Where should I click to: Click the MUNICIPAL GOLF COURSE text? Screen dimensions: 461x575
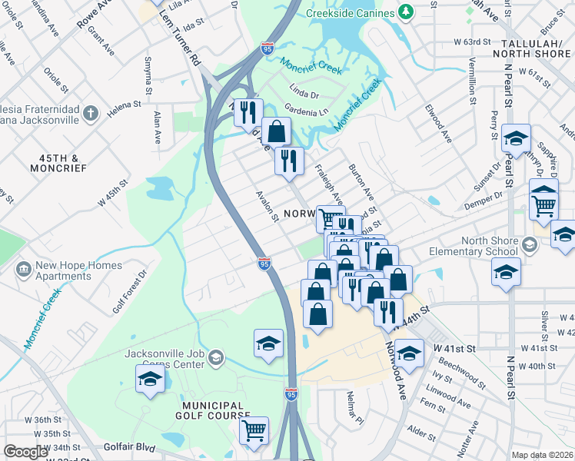(214, 412)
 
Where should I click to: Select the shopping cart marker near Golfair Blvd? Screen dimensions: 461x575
(254, 430)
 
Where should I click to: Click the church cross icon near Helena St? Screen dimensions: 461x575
(91, 114)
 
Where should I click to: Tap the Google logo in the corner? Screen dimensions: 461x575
(25, 452)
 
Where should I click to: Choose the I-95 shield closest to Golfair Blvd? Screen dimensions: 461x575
(291, 394)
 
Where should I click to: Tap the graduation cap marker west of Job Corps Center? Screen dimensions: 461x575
(150, 379)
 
